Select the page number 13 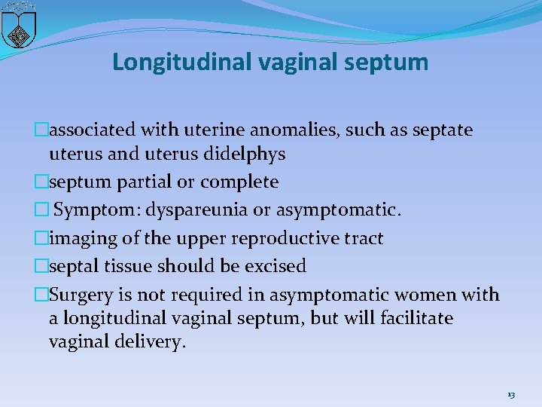point(511,395)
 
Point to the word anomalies point(295,130)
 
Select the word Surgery point(80,295)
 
